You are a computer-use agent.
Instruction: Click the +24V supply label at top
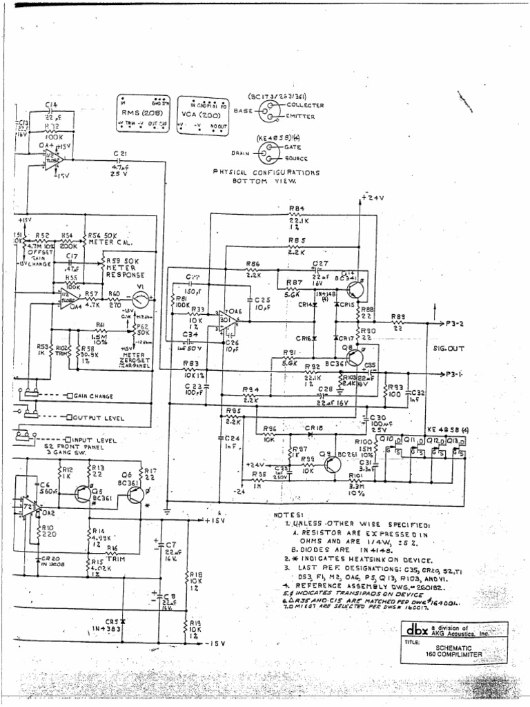373,198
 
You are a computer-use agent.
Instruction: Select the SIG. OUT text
448,349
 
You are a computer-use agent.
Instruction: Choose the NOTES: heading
288,515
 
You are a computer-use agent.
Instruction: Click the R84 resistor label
297,208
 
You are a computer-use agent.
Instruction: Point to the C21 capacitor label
119,153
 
